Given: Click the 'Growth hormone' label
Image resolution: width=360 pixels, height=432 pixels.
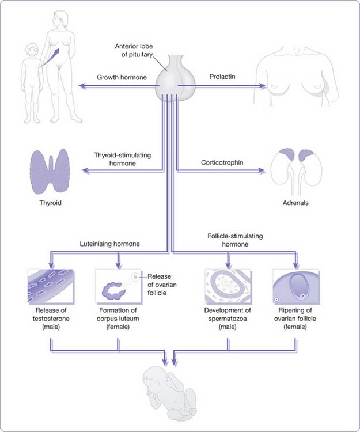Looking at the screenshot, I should point(121,77).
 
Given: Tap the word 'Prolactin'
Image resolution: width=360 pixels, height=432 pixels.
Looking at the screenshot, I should point(220,77).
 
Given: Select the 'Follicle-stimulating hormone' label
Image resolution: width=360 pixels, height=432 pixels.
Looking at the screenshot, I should point(236,240).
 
